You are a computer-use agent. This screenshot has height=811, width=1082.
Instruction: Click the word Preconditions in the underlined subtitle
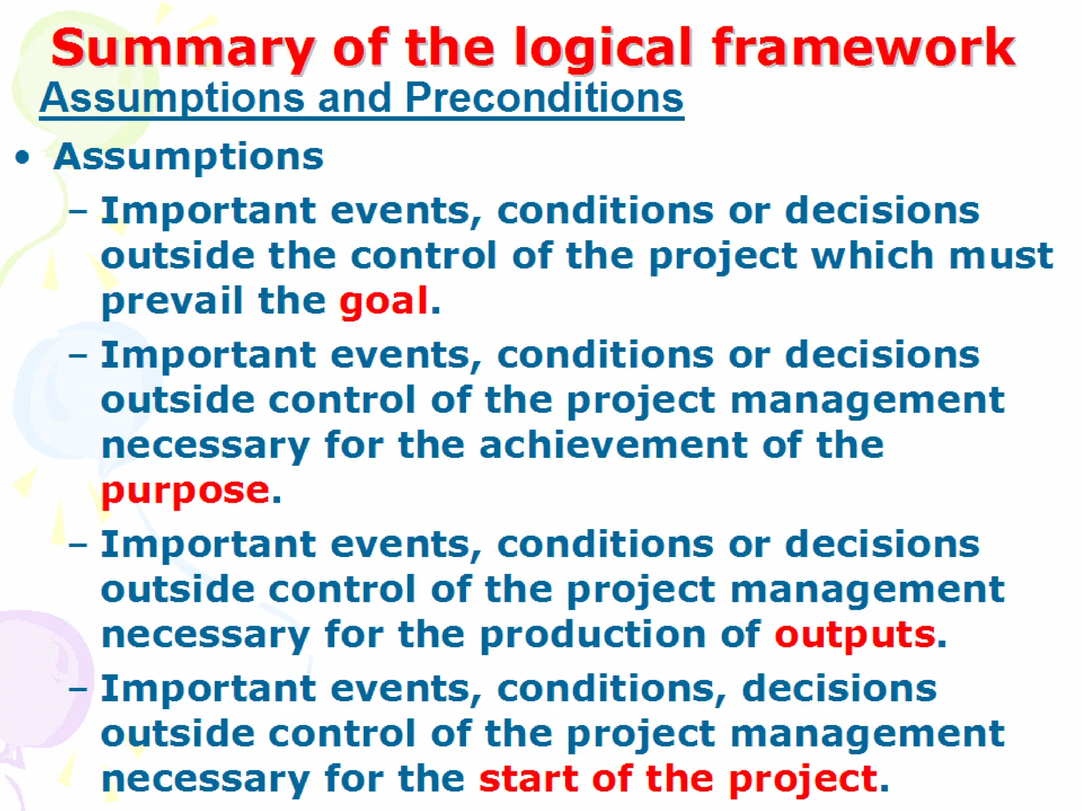click(544, 98)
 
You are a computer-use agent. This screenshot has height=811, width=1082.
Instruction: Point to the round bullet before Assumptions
click(22, 157)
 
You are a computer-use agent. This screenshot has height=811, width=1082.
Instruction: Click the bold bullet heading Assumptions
click(189, 157)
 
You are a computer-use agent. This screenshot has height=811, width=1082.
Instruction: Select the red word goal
click(383, 301)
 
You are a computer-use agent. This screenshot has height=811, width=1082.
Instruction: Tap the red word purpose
click(185, 491)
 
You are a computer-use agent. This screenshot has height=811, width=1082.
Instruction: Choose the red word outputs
click(855, 634)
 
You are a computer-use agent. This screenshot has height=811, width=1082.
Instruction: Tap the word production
click(593, 634)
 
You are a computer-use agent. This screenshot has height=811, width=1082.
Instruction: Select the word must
click(1001, 256)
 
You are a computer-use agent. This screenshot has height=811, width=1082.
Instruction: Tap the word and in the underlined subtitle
click(354, 98)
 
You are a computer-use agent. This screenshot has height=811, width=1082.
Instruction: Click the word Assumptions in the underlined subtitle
click(172, 99)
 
